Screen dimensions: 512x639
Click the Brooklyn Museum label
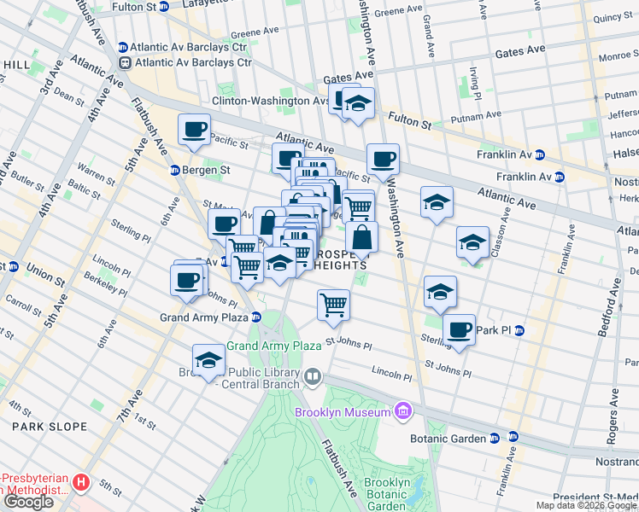343,413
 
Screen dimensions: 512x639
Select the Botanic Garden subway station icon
513,438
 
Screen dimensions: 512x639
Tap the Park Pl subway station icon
519,330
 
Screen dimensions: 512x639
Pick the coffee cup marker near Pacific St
193,130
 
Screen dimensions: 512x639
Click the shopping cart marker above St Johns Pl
333,305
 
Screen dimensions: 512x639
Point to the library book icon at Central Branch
313,376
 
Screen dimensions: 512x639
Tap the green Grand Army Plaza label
266,346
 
